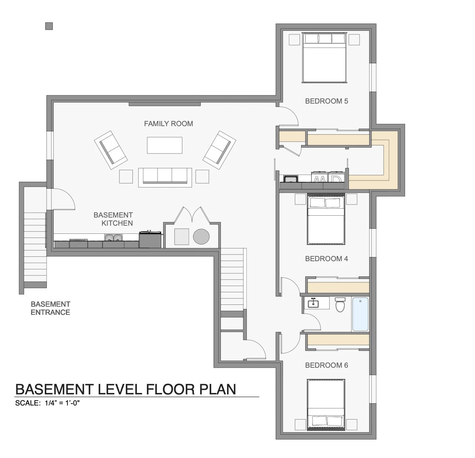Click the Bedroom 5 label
(x=326, y=101)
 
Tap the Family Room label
(x=168, y=124)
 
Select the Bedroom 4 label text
(x=326, y=259)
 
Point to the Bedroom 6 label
(x=326, y=365)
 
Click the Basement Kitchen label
(x=113, y=219)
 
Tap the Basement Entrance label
(x=51, y=308)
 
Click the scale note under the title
(x=47, y=403)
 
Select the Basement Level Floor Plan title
(x=125, y=389)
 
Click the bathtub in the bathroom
(x=360, y=314)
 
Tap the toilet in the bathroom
(x=340, y=305)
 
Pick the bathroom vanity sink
(x=313, y=303)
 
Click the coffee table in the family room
(x=165, y=145)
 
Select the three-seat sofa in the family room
(x=165, y=178)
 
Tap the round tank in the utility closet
(x=201, y=236)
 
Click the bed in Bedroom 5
(x=324, y=58)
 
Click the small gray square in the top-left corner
(x=49, y=26)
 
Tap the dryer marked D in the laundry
(x=336, y=177)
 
